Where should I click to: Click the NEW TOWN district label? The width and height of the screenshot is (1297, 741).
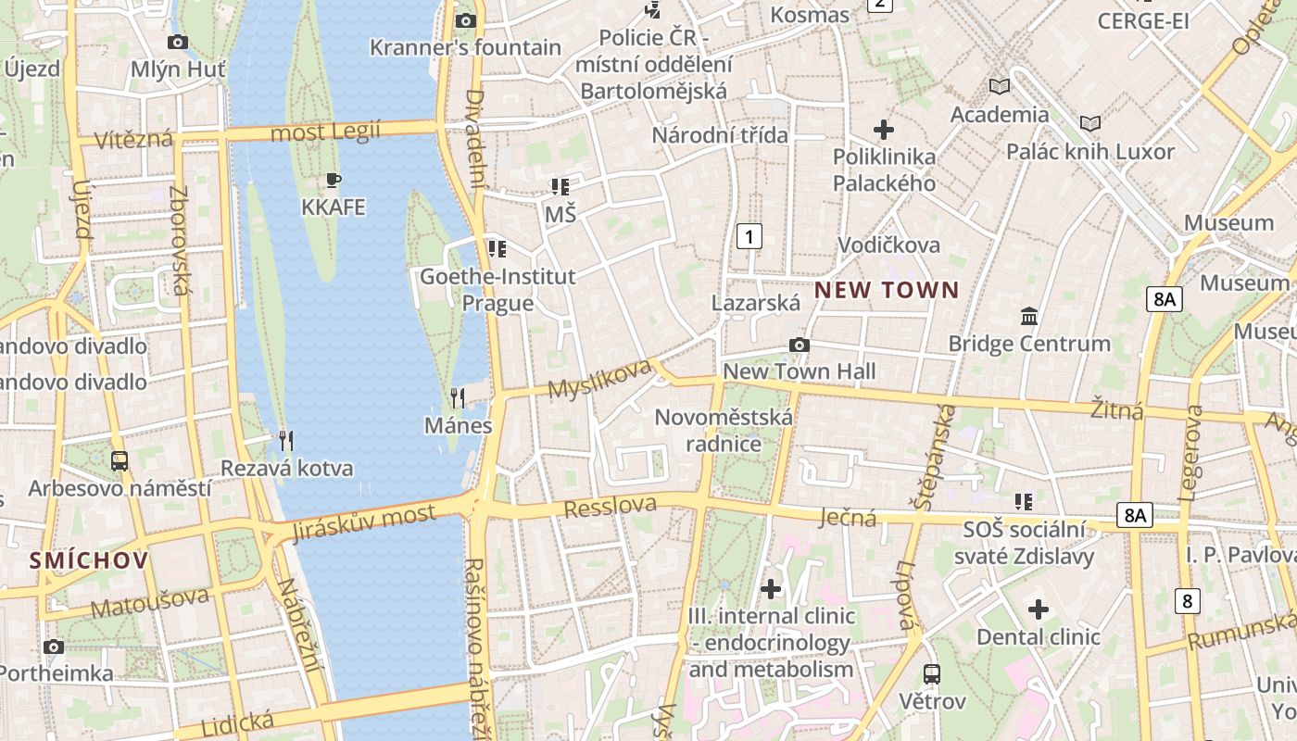pos(887,290)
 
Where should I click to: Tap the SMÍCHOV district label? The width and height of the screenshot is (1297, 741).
pos(89,559)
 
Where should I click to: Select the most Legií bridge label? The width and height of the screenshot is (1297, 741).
pos(325,132)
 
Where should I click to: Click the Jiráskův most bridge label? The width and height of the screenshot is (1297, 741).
pos(363,523)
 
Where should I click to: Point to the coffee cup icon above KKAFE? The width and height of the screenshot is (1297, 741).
pos(334,180)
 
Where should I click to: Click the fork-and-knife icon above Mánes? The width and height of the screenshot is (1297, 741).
pos(458,398)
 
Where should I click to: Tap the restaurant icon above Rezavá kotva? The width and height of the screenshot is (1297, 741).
pos(286,440)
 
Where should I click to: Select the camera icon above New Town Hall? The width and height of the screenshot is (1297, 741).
pos(799,345)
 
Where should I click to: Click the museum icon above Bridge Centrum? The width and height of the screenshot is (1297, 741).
pos(1028,317)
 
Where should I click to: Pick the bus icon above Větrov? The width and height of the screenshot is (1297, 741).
pos(932,674)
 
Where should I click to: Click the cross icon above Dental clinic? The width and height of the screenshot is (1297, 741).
pos(1039,609)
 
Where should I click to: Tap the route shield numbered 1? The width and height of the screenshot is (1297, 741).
pos(749,236)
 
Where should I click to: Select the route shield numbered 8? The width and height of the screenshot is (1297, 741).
pos(1187,600)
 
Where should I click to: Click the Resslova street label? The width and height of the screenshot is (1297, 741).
pos(610,507)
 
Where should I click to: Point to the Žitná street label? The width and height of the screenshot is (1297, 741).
pos(1116,409)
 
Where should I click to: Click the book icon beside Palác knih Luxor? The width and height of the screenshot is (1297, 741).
pos(1090,123)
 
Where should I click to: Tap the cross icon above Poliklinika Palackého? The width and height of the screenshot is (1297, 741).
pos(884,130)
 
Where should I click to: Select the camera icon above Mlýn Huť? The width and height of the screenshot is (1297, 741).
pos(178,42)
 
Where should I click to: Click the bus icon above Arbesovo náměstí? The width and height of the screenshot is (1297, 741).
pos(120,460)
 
